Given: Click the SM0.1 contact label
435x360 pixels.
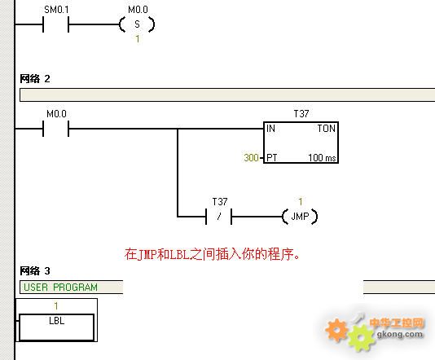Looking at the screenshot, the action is point(56,10).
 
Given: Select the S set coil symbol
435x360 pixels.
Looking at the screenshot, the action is point(137,24).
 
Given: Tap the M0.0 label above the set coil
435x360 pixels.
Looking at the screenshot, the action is point(138,10).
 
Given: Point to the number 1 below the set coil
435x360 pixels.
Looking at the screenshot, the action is point(138,39).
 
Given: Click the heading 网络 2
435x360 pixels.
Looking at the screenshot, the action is point(35,79).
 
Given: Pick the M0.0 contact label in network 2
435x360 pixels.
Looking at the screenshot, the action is point(56,114).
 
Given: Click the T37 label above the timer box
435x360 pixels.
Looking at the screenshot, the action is point(301,114).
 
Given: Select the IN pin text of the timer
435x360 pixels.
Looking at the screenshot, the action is point(270,129).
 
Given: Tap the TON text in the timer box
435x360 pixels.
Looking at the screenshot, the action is point(327,129).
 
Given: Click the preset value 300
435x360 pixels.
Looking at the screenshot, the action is point(252,158).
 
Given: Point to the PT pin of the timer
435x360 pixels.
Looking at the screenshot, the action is point(272,158).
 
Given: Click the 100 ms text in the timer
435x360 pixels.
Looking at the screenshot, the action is point(322,158).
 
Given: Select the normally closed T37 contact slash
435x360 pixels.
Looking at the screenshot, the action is point(219,217).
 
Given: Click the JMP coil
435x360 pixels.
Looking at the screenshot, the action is point(300,217).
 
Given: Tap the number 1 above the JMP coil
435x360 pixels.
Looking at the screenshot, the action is point(301,202).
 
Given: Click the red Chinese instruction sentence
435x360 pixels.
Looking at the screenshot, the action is point(213,254).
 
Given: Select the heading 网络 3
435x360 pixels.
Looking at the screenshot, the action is point(35,270).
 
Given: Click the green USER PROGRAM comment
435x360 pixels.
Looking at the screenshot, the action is point(60,287).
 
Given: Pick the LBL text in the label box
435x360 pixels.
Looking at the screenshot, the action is point(56,321).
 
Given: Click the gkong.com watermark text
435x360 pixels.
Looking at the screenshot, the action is point(400,334).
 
